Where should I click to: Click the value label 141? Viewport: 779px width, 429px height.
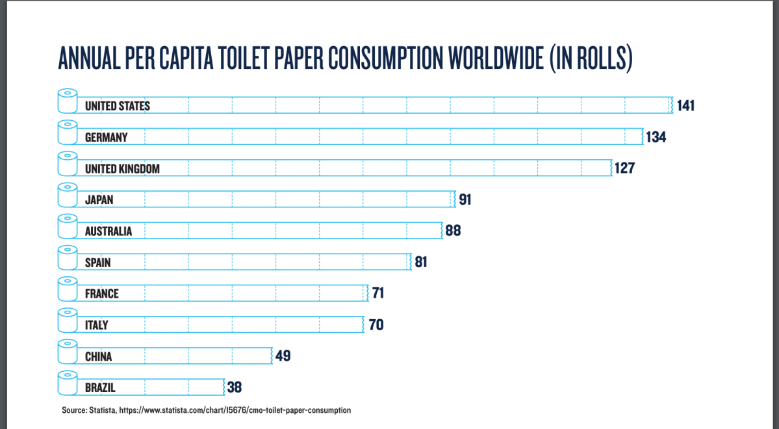click(685, 105)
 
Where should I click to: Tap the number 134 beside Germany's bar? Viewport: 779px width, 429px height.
click(656, 137)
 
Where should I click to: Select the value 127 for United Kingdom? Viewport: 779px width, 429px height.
click(624, 168)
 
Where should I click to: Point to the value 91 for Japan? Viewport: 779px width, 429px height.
click(465, 200)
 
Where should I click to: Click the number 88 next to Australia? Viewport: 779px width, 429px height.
click(453, 231)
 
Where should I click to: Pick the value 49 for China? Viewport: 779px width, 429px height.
click(283, 356)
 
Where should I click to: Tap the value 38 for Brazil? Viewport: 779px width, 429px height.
click(235, 387)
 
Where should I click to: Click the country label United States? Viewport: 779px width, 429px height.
click(117, 106)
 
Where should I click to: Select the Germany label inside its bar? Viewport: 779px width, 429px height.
click(106, 137)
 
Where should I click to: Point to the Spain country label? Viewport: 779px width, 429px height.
click(97, 263)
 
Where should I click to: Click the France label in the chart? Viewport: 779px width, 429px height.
click(101, 294)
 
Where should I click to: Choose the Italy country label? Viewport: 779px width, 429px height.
click(96, 325)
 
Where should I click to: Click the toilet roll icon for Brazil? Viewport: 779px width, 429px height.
click(66, 383)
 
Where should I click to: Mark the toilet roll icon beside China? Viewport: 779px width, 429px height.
click(66, 352)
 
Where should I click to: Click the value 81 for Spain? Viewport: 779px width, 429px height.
click(421, 263)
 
